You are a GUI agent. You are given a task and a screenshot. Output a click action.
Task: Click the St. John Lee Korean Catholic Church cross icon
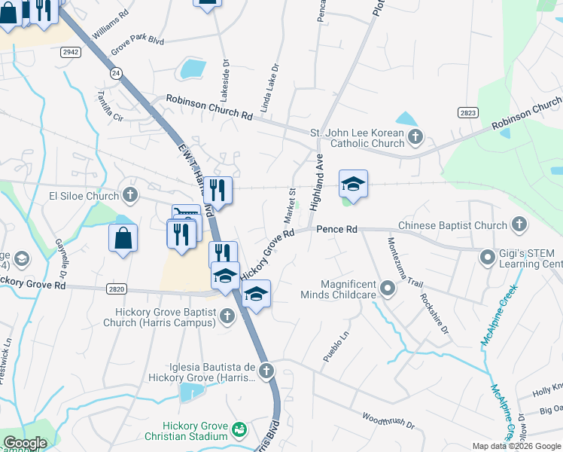coord(415,137)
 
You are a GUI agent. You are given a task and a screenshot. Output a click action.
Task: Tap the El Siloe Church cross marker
coord(130,196)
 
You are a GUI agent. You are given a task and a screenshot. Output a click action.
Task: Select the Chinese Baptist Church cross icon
coord(519,224)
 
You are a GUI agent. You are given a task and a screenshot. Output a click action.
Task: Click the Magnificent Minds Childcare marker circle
coord(388,288)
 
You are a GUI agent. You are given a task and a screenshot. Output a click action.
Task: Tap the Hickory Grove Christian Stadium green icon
coord(239,430)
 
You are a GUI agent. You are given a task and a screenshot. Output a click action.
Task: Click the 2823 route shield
coord(467,112)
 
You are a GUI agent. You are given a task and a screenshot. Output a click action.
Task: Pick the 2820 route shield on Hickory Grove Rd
coord(116,289)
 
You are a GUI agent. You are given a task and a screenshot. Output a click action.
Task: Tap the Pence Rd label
coord(335,228)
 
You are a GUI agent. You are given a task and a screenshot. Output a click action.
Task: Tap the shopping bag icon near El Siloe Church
coord(123,237)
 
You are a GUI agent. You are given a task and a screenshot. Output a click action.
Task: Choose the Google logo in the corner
coord(24,443)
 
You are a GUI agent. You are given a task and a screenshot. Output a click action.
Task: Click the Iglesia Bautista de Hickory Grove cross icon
coord(265,371)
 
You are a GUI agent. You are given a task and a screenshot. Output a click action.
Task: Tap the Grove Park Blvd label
coord(137,44)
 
